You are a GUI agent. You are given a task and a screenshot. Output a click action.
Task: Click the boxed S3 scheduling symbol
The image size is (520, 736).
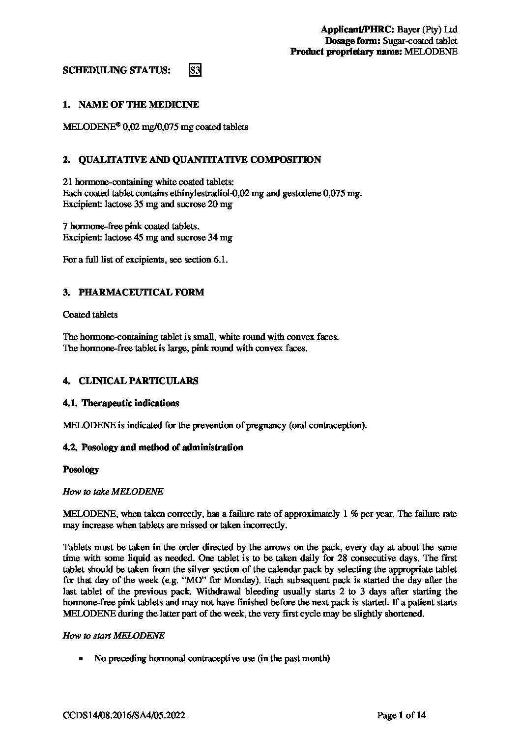click(195, 70)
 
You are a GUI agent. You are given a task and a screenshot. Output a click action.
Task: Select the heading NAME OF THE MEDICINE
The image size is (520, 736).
click(139, 104)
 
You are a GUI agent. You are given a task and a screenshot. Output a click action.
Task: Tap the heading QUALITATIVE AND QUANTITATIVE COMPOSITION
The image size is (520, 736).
click(200, 159)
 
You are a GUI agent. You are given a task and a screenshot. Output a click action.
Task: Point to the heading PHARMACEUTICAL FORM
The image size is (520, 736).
click(141, 292)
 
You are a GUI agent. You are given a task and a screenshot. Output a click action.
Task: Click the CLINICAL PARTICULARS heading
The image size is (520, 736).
click(138, 381)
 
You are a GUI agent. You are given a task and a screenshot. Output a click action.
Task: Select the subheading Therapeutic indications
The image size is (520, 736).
click(130, 403)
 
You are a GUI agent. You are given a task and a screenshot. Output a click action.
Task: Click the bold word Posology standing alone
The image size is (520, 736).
click(81, 470)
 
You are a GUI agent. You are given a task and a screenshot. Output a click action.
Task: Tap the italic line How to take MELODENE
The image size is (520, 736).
click(113, 492)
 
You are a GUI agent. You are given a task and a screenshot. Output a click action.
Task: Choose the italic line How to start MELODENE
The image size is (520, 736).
click(114, 635)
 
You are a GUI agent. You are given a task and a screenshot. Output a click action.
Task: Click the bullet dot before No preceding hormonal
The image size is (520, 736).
click(81, 658)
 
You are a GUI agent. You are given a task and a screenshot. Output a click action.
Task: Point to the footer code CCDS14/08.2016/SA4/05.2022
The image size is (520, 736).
click(124, 715)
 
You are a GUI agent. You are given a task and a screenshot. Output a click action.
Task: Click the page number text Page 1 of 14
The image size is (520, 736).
click(401, 715)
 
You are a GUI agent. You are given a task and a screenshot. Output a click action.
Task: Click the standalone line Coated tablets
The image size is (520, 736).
click(90, 314)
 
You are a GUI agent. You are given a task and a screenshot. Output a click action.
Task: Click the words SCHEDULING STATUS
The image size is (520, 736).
click(117, 70)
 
